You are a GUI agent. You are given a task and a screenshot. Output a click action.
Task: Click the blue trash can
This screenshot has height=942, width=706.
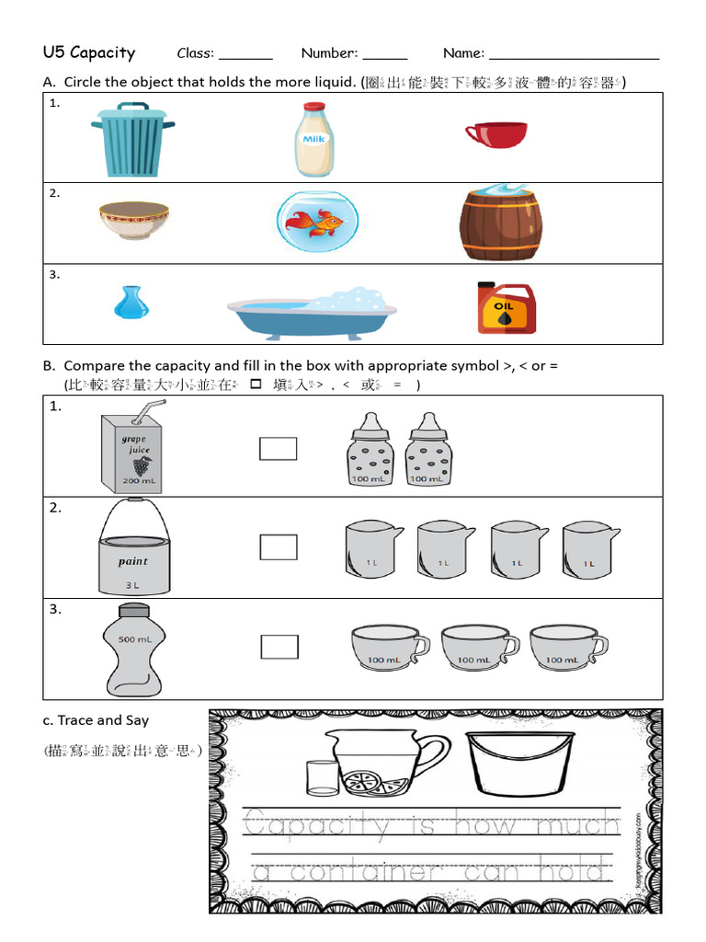coord(133,140)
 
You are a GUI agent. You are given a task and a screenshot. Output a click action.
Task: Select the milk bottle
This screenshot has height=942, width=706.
coord(314,140)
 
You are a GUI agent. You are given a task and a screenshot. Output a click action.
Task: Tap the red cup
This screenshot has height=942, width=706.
coord(495,134)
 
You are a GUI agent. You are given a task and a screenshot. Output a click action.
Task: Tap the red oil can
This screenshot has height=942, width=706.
coord(506,307)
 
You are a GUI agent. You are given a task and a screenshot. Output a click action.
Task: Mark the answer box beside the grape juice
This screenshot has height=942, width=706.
coord(278,448)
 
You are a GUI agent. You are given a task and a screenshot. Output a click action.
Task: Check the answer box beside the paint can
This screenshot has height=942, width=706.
coord(278,547)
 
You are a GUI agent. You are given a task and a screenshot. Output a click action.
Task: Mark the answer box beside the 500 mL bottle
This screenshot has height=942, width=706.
coord(279,647)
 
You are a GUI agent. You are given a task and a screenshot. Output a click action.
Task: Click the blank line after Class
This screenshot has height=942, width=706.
coord(245,57)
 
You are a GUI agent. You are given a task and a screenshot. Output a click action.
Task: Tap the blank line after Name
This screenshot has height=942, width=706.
coord(574,57)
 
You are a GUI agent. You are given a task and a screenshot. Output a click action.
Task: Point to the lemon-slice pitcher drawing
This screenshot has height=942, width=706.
coord(378,764)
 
